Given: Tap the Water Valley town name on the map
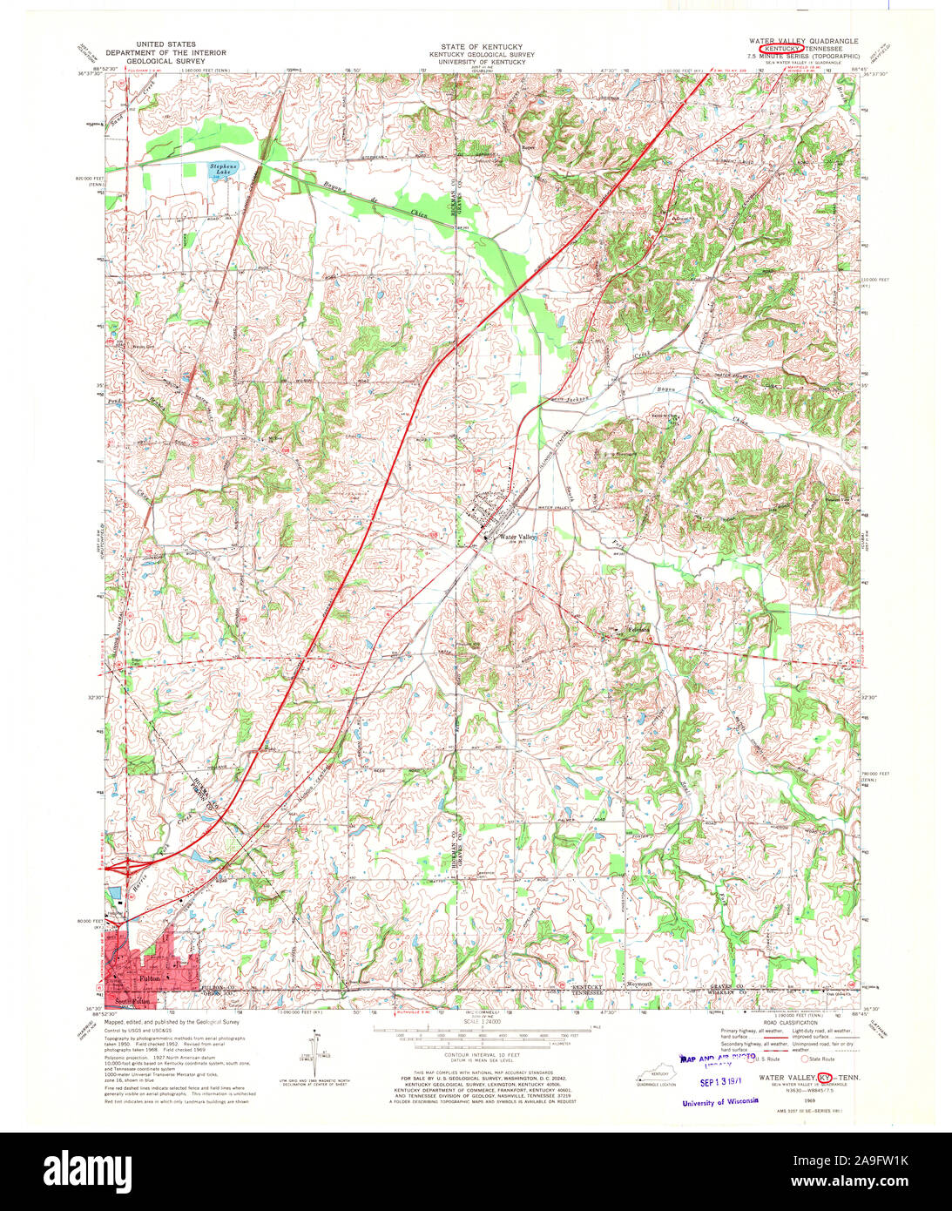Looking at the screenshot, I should [517, 538].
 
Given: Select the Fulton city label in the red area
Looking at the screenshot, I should [149, 979].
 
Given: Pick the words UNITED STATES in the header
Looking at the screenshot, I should [166, 44].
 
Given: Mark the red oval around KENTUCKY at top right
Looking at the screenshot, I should [780, 49].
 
